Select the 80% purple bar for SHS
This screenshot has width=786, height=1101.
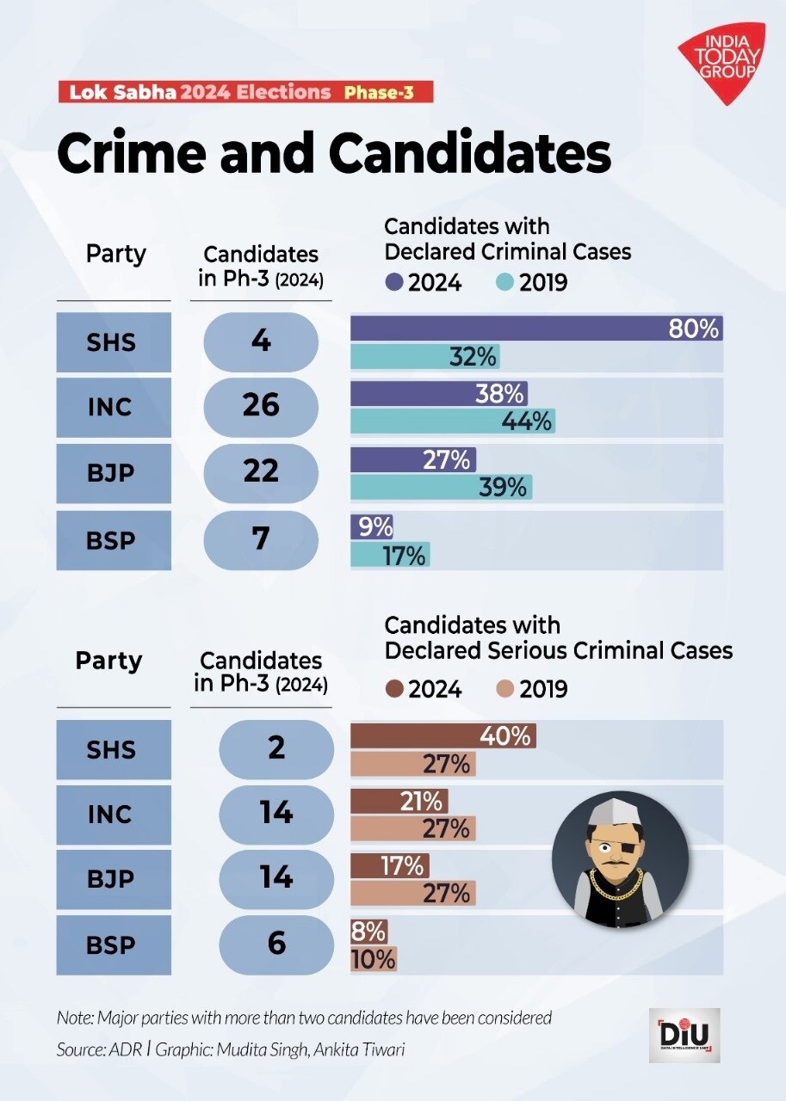[x=535, y=329]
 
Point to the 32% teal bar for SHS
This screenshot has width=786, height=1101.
[x=424, y=357]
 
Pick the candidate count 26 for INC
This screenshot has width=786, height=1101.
[x=261, y=405]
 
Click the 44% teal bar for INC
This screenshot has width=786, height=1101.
[x=452, y=421]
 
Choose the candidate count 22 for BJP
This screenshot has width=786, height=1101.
[x=261, y=471]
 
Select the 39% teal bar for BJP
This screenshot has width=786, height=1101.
[x=441, y=487]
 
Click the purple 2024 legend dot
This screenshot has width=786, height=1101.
[x=395, y=282]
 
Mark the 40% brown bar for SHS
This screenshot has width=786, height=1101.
[x=443, y=736]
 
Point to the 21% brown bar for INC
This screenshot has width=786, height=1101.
[x=399, y=802]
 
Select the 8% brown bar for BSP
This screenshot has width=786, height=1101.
[x=369, y=932]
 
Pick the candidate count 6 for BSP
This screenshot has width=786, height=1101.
[x=275, y=944]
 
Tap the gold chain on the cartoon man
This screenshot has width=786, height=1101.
[x=616, y=886]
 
